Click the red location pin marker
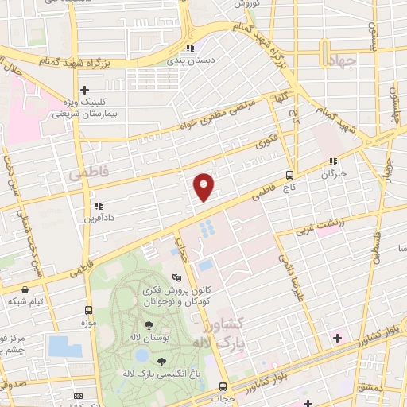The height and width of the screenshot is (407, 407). [x=205, y=186]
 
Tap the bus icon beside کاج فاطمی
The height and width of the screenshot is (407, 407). [x=289, y=176]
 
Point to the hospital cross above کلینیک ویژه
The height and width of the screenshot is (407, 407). [x=85, y=90]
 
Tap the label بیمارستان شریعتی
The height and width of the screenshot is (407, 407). [x=89, y=114]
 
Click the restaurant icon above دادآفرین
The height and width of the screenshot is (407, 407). [x=98, y=205]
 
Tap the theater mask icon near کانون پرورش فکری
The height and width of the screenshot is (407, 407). [x=176, y=278]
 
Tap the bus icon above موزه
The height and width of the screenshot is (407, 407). [x=88, y=312]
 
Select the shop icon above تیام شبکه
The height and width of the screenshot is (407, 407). [x=27, y=289]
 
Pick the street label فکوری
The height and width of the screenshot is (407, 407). [x=265, y=147]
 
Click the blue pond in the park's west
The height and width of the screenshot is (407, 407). [x=59, y=346]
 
